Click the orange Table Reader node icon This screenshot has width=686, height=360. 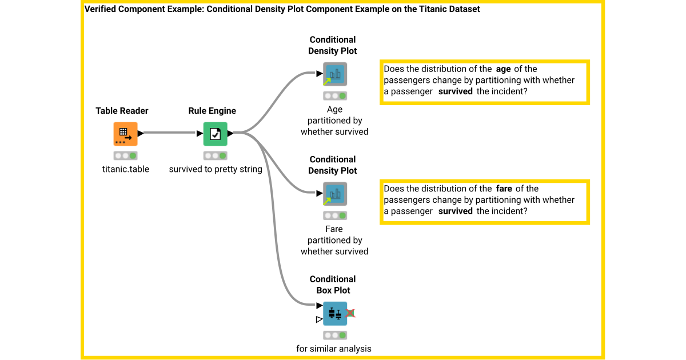pyautogui.click(x=125, y=134)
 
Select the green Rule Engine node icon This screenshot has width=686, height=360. pyautogui.click(x=215, y=134)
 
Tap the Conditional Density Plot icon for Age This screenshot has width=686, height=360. pyautogui.click(x=334, y=74)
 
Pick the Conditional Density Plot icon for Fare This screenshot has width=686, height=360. pyautogui.click(x=334, y=194)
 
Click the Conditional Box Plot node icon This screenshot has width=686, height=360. pyautogui.click(x=334, y=313)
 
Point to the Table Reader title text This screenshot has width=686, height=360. pyautogui.click(x=122, y=111)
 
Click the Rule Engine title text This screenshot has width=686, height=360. pyautogui.click(x=212, y=111)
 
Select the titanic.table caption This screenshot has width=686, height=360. pyautogui.click(x=126, y=169)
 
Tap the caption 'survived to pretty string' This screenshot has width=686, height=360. pyautogui.click(x=216, y=169)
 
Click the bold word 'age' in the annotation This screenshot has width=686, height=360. pyautogui.click(x=503, y=69)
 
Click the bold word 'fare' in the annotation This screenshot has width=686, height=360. pyautogui.click(x=504, y=189)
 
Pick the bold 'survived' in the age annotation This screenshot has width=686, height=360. pyautogui.click(x=455, y=91)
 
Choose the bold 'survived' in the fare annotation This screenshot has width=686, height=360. pyautogui.click(x=455, y=211)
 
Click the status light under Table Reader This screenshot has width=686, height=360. pyautogui.click(x=126, y=155)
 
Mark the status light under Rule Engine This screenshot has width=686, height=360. pyautogui.click(x=216, y=155)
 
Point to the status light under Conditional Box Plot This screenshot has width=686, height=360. pyautogui.click(x=335, y=335)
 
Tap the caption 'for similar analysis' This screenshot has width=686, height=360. pyautogui.click(x=334, y=349)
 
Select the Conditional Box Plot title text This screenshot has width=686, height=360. pyautogui.click(x=333, y=285)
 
